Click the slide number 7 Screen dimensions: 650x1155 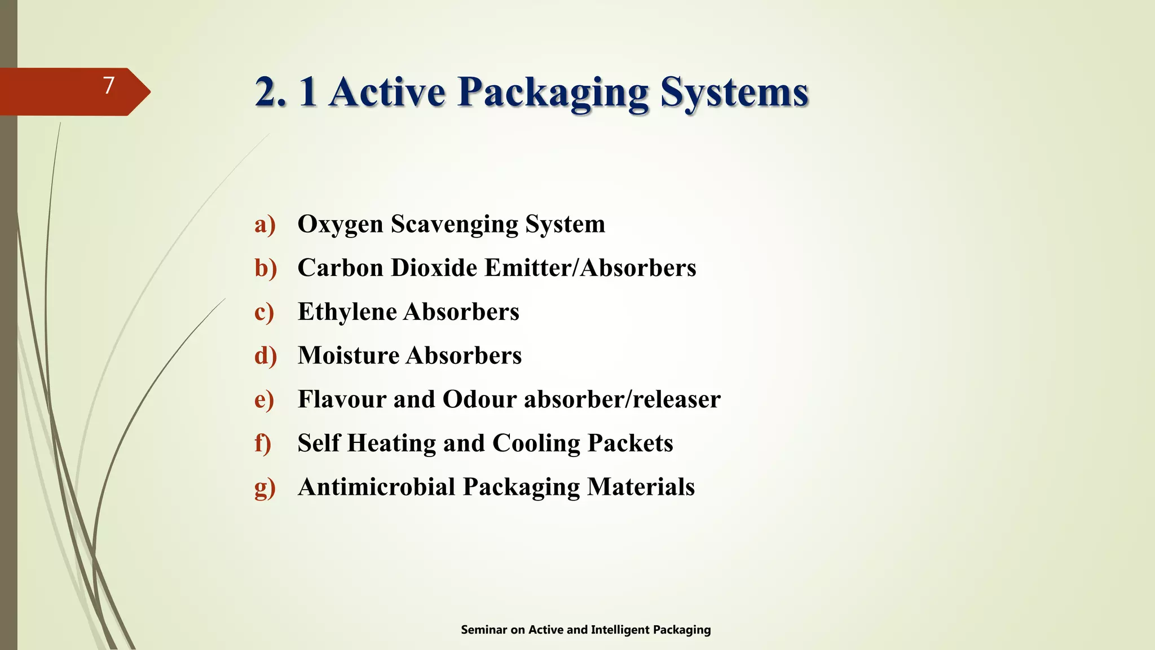point(109,86)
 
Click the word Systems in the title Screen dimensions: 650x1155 point(734,92)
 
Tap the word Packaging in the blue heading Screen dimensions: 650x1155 point(553,93)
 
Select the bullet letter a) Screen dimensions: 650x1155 point(264,225)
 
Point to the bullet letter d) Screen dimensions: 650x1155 point(265,356)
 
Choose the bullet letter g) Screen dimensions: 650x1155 point(264,488)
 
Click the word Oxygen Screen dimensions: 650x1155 point(340,225)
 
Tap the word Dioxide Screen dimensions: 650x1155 point(434,268)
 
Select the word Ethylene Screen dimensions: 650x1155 point(347,312)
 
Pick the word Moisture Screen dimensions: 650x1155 point(349,355)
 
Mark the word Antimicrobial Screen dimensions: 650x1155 point(376,487)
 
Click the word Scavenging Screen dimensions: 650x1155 point(455,225)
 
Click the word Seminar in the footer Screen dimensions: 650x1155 point(484,630)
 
